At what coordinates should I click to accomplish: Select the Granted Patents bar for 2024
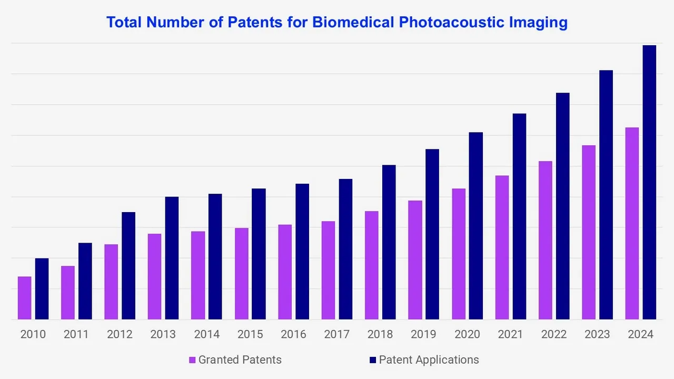click(632, 223)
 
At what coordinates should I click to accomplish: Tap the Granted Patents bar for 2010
click(24, 298)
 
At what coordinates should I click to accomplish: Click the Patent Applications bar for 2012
click(128, 266)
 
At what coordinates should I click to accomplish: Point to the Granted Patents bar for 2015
click(241, 274)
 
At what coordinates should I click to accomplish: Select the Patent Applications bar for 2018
click(389, 242)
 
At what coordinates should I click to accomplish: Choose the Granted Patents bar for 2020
click(458, 254)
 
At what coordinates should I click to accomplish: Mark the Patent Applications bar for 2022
click(562, 206)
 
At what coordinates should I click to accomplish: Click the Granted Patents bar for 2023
click(589, 232)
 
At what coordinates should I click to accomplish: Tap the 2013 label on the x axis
click(163, 334)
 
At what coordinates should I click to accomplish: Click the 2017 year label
click(336, 334)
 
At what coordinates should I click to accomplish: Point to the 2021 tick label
click(510, 334)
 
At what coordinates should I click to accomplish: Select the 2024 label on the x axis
click(640, 334)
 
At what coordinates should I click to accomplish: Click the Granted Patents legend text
click(240, 360)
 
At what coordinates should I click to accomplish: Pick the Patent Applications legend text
click(429, 360)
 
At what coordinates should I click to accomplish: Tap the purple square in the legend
click(193, 360)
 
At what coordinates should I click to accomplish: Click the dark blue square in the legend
click(373, 360)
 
